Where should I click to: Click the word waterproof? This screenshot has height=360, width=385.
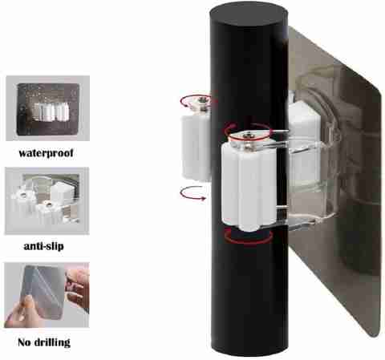click(46, 153)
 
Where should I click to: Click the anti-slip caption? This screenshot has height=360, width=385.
click(44, 246)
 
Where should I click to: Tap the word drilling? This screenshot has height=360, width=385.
click(52, 342)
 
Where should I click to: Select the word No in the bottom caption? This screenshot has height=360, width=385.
click(24, 342)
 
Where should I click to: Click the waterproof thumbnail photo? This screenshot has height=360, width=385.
click(47, 108)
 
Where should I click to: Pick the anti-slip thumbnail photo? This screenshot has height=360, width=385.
click(47, 200)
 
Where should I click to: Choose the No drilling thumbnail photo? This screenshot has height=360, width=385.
click(47, 295)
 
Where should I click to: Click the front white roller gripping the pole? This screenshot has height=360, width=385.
click(249, 184)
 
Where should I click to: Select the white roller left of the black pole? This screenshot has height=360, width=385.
click(196, 147)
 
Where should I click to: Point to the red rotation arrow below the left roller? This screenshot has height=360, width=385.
click(193, 192)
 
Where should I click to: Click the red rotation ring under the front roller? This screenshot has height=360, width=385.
click(249, 237)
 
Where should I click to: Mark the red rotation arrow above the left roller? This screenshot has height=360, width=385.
click(193, 99)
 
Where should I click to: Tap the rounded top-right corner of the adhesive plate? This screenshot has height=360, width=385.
click(378, 92)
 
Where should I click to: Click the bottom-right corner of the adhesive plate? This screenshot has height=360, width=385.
click(376, 335)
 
